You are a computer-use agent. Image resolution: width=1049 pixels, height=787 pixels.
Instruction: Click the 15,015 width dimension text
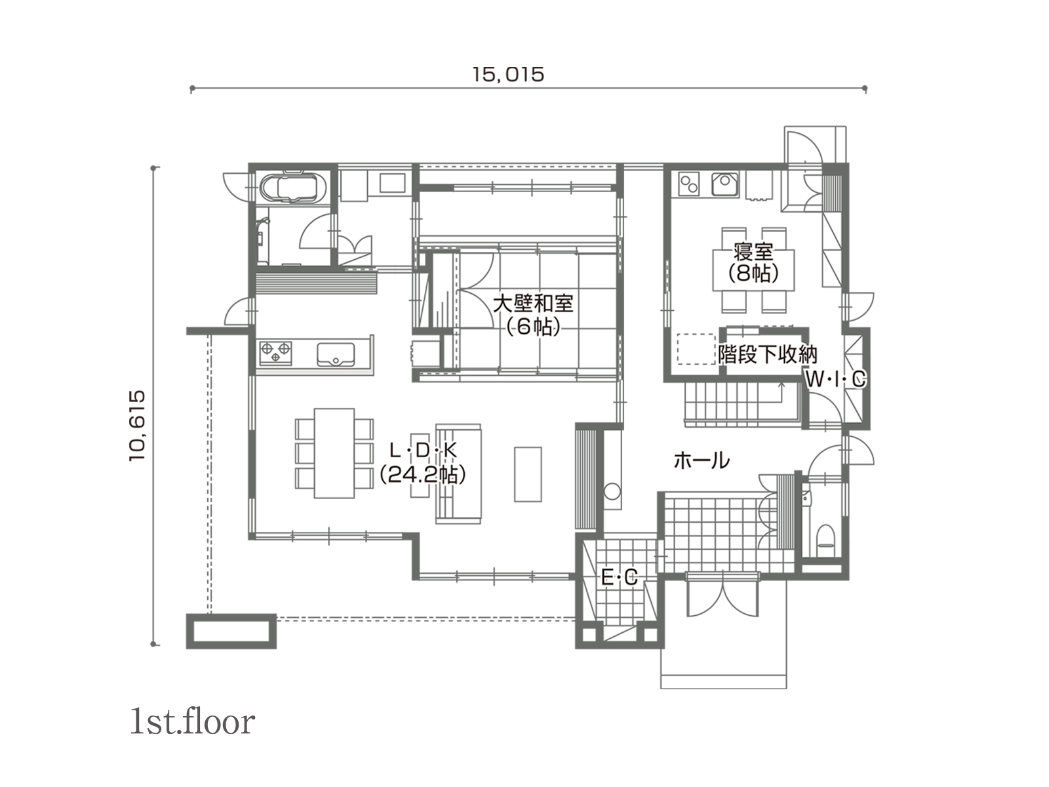click(509, 75)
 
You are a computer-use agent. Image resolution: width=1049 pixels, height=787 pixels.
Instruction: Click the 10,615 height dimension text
click(137, 425)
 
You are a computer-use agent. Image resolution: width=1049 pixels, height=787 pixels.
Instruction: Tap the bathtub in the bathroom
click(293, 186)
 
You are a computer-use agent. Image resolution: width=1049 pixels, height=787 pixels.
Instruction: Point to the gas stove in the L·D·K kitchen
click(275, 353)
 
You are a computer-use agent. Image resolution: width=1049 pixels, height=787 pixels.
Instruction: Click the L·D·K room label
click(423, 462)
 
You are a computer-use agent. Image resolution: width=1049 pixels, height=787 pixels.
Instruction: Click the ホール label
click(702, 460)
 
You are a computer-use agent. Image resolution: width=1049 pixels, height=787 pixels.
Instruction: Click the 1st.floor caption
click(193, 722)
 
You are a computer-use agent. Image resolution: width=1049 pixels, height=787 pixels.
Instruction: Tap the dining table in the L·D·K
click(334, 453)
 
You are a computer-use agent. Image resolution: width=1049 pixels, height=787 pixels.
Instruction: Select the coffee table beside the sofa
click(528, 474)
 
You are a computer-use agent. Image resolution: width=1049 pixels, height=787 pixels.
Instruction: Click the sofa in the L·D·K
click(458, 474)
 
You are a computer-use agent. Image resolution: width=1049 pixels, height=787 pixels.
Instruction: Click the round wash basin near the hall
click(612, 491)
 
